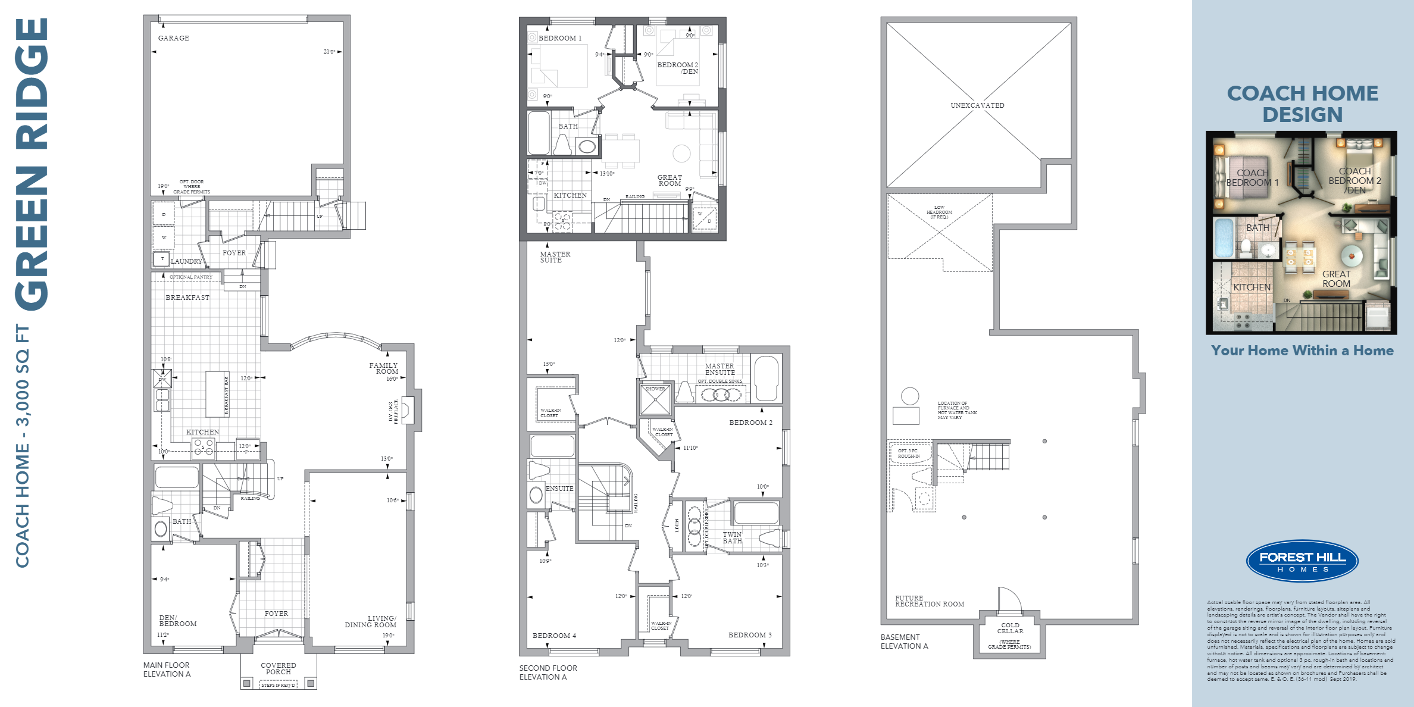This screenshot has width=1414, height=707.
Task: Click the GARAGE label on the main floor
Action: click(173, 38)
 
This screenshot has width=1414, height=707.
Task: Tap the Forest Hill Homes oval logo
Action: click(1302, 561)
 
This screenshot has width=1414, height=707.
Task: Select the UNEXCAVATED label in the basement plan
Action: click(977, 105)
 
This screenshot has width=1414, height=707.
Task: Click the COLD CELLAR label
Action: click(1010, 628)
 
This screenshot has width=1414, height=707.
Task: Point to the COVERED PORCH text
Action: click(278, 668)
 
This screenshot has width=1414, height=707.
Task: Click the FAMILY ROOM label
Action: click(384, 368)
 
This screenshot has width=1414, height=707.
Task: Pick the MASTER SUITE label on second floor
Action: click(555, 257)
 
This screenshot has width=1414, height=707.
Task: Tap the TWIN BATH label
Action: click(732, 537)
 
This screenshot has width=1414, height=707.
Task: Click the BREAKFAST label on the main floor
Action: click(187, 298)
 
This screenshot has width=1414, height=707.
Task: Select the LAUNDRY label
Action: click(186, 261)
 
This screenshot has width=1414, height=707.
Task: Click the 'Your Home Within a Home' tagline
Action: click(1302, 351)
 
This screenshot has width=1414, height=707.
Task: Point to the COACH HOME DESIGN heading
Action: click(1302, 104)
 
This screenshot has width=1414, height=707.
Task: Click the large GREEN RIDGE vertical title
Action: click(32, 164)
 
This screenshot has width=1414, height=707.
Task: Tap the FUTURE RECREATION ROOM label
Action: click(929, 601)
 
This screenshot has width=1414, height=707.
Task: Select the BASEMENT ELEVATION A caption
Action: click(904, 642)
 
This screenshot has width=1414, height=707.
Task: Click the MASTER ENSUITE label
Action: click(719, 369)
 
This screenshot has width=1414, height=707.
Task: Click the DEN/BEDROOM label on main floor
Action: click(177, 621)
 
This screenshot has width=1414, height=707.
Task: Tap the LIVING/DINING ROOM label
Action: click(370, 622)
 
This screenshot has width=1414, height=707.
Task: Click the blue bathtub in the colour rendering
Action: click(1224, 238)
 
